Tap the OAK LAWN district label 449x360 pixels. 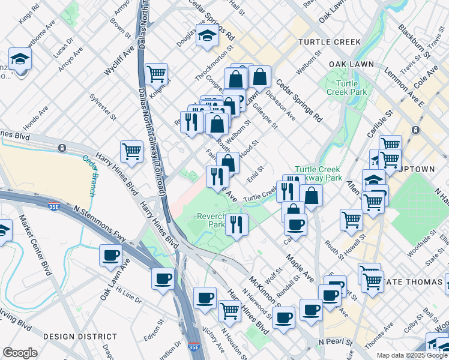coord(351,64)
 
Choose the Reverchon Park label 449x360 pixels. coord(211,220)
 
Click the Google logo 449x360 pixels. coord(20,353)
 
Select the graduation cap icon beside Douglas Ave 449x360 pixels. coord(207,35)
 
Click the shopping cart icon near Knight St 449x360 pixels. coord(156,74)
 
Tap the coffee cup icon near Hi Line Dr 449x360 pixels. coord(163,279)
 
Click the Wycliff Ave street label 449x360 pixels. coord(117,60)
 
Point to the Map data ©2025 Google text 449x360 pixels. coord(412,355)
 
